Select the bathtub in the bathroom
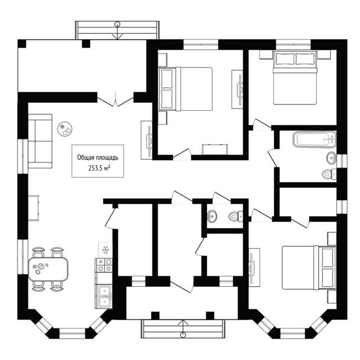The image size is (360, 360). [x=314, y=139]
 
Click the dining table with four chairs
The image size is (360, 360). [x=48, y=269]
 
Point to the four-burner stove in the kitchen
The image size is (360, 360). [x=104, y=265]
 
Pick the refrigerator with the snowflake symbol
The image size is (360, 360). [x=105, y=250]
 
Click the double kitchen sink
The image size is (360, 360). [x=105, y=296]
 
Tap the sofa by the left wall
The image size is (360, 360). [x=40, y=141]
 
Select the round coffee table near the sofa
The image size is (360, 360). [x=65, y=129]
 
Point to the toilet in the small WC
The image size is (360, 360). [x=236, y=216]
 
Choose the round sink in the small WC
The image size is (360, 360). [x=212, y=216]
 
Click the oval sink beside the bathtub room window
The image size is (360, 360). [x=331, y=158]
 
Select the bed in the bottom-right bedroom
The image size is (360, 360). [x=309, y=268]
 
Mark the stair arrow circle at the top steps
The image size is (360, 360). [x=117, y=24]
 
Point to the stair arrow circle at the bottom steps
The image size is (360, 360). [x=183, y=335]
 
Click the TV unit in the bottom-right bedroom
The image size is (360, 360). [x=254, y=268]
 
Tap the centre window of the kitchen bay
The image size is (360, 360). [x=72, y=331]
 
